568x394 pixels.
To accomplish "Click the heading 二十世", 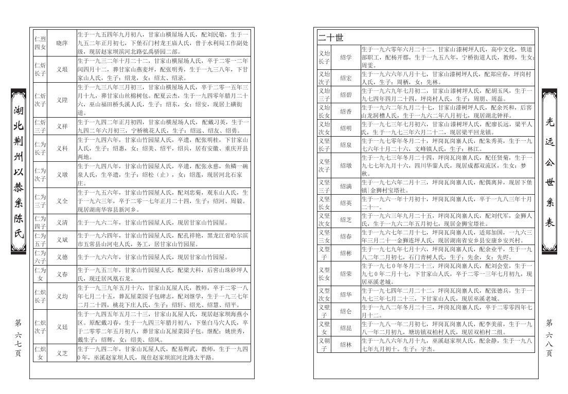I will click(331, 37).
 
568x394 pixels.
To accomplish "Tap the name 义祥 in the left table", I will click(62, 126).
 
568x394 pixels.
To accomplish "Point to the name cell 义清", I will click(62, 223).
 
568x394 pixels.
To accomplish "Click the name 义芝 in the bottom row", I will click(62, 353).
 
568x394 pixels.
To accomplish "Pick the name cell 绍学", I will click(346, 57).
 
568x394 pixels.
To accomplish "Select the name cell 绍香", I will click(346, 111).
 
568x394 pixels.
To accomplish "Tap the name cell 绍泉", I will click(346, 145).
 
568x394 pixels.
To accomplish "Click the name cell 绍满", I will click(346, 185).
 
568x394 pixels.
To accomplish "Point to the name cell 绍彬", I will click(346, 253).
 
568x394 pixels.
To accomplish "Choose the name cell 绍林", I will click(346, 345).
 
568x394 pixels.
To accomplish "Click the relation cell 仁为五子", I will click(40, 239).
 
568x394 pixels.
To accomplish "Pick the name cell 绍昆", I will click(346, 328).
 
